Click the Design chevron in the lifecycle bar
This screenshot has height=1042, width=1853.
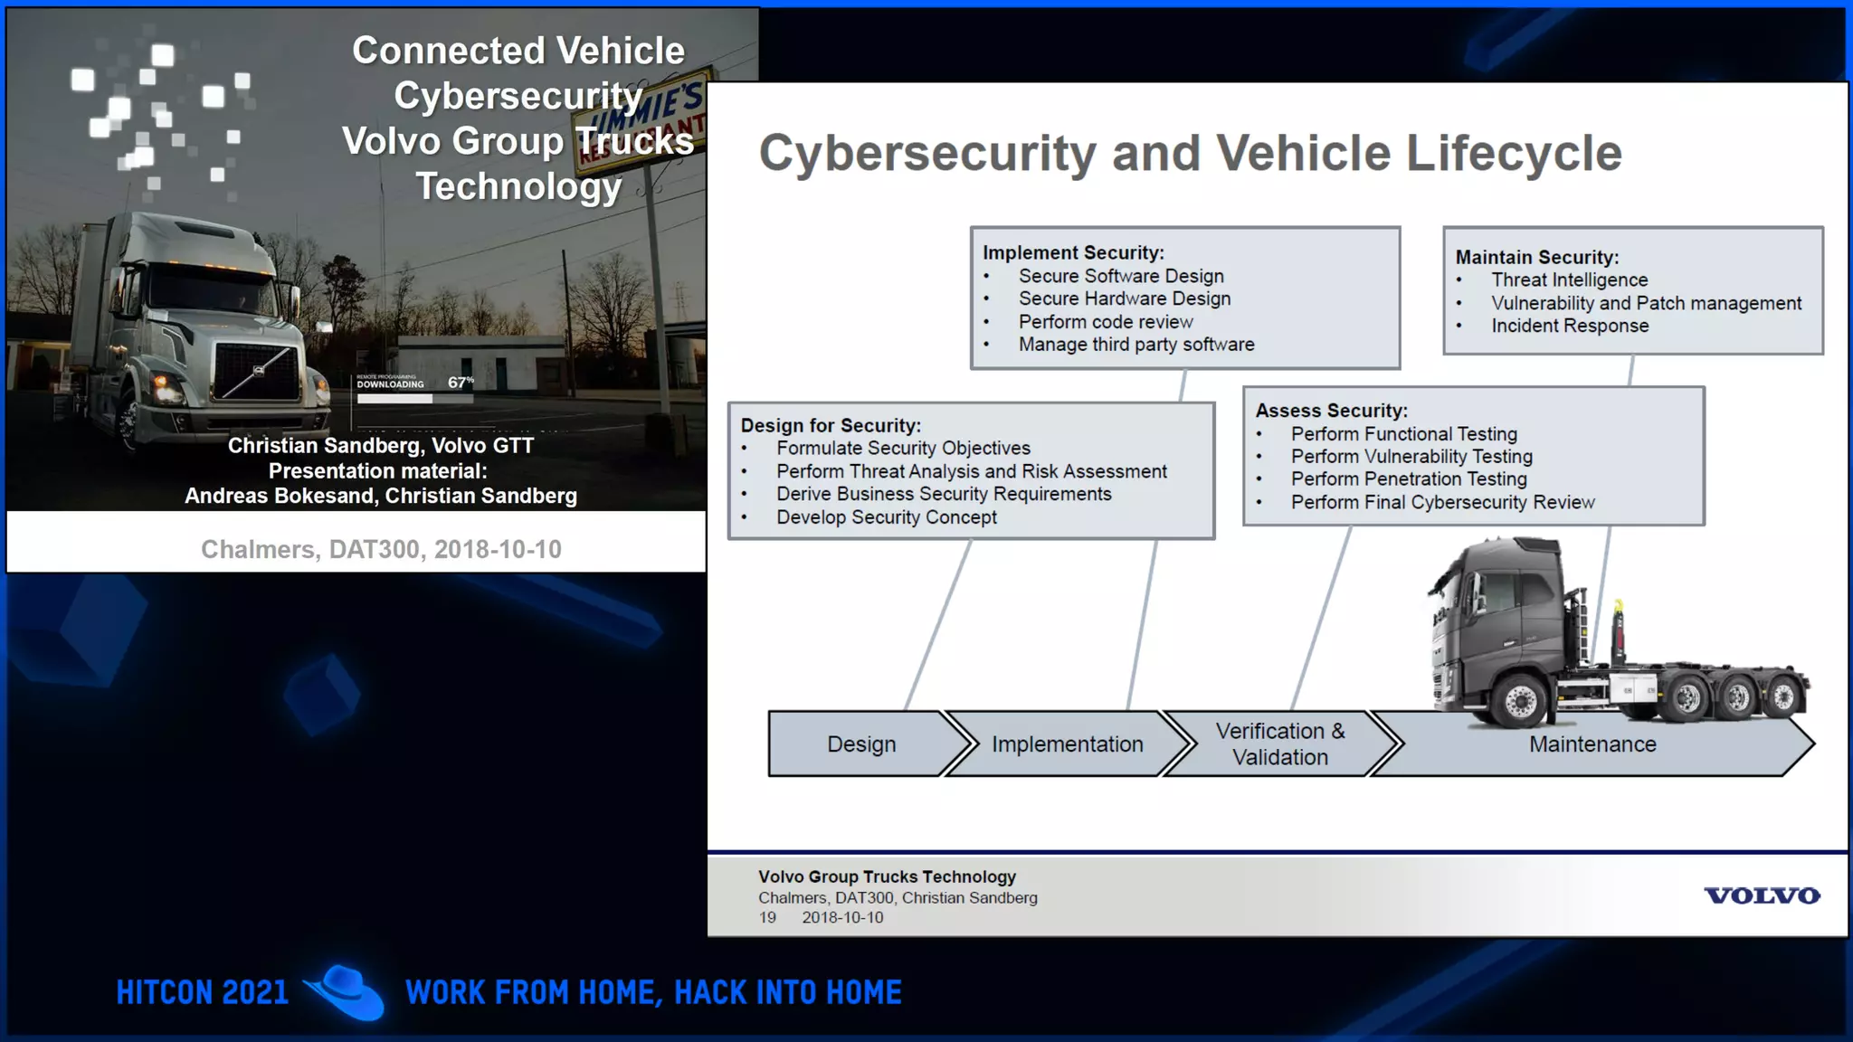[x=860, y=744]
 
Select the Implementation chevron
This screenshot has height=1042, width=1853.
[x=1067, y=744]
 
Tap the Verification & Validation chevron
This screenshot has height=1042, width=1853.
[x=1279, y=744]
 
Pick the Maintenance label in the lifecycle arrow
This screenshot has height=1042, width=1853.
[x=1592, y=744]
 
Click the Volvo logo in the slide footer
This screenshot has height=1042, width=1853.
[x=1761, y=895]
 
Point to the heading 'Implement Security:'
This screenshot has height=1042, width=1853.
[x=1073, y=253]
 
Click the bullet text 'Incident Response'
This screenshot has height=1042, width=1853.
[x=1570, y=326]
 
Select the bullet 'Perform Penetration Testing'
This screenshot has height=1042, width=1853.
[x=1409, y=479]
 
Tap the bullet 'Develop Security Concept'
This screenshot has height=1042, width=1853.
[x=886, y=517]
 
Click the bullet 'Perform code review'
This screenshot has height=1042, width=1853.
[x=1106, y=322]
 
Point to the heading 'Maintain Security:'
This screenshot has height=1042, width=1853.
[x=1536, y=258]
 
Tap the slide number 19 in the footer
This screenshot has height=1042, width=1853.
[x=767, y=917]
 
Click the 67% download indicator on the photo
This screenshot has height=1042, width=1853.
[x=460, y=383]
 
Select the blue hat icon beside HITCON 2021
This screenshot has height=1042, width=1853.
[x=346, y=992]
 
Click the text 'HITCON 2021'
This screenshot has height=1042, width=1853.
[x=203, y=992]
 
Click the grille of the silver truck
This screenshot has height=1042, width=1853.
[x=257, y=372]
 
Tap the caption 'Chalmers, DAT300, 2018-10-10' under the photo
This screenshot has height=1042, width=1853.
[x=381, y=549]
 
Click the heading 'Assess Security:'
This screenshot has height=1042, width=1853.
[x=1331, y=411]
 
